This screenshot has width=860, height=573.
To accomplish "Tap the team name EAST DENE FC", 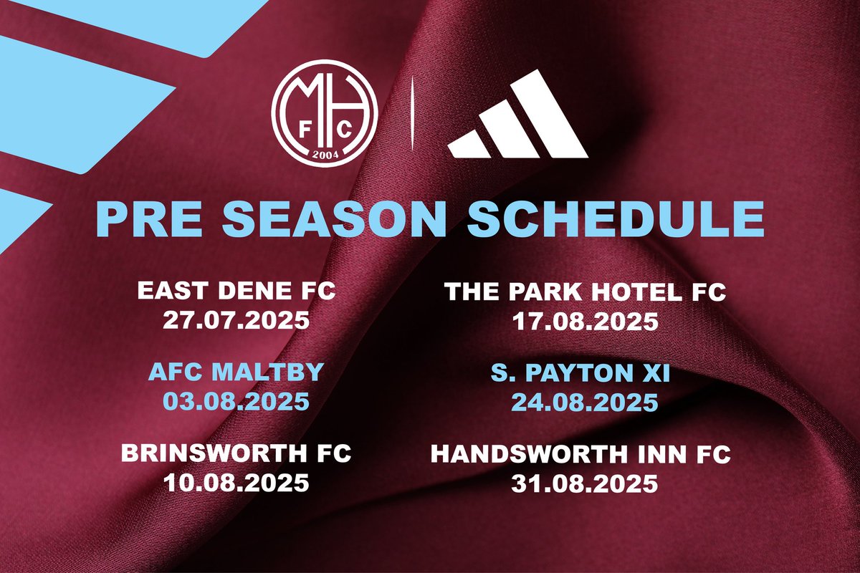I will [x=236, y=292].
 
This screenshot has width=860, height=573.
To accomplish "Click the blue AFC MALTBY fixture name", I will [x=236, y=372].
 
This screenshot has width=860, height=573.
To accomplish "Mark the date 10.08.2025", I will [x=236, y=482].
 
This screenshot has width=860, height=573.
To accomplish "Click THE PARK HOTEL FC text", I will [x=585, y=292].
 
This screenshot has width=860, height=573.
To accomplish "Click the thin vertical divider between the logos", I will [x=411, y=117].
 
